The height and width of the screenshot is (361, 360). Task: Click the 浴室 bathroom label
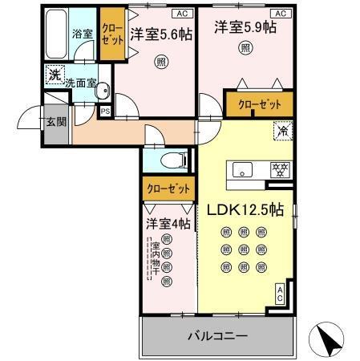point(82,34)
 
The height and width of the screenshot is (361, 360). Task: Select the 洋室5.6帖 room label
point(160,34)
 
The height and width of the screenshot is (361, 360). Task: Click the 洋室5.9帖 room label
point(245,27)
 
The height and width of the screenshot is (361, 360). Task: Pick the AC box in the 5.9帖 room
point(281,14)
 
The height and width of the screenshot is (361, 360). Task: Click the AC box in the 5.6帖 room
point(181,14)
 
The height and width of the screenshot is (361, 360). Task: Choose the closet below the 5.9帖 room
point(259,103)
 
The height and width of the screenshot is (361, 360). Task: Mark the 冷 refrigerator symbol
point(282,128)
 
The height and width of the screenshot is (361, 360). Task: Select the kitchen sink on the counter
point(244,169)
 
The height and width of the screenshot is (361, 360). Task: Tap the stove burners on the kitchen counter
point(281,169)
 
